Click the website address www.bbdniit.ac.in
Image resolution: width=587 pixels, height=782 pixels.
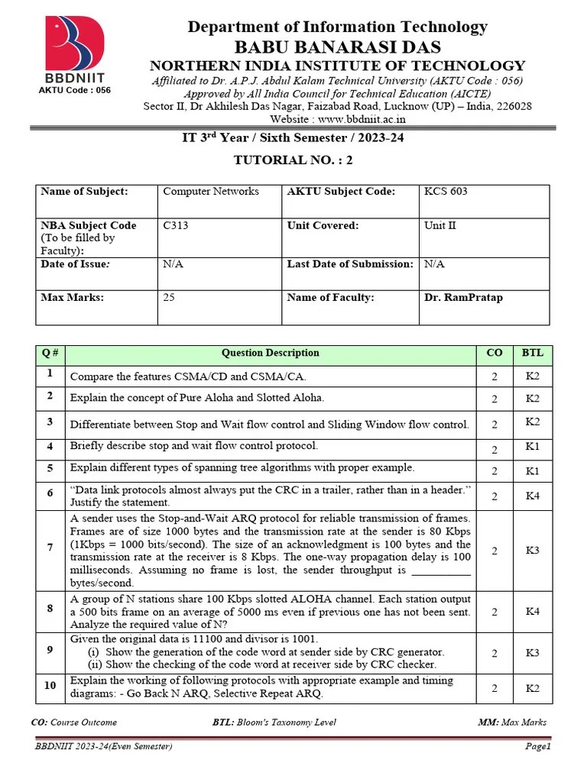(x=360, y=119)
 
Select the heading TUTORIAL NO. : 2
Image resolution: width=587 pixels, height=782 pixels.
(x=293, y=160)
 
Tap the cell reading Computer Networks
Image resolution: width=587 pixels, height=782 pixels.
(x=211, y=192)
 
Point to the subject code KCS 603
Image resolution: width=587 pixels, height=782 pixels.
(x=446, y=192)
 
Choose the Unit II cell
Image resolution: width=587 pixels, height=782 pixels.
(x=440, y=226)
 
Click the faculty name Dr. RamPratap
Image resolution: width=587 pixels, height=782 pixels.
(x=463, y=298)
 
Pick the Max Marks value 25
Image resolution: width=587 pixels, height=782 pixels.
(x=169, y=298)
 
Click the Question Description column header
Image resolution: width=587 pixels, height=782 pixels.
(x=271, y=353)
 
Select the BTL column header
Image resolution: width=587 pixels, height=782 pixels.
(x=532, y=353)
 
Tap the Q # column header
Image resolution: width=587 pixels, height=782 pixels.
(x=50, y=353)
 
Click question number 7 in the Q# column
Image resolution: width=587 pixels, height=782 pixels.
(x=50, y=548)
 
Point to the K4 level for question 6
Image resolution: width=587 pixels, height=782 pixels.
(x=532, y=496)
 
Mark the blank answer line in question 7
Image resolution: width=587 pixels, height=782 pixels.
(x=441, y=571)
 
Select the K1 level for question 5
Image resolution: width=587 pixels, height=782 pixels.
(x=532, y=471)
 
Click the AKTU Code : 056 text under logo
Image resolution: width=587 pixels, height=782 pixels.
(x=75, y=90)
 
